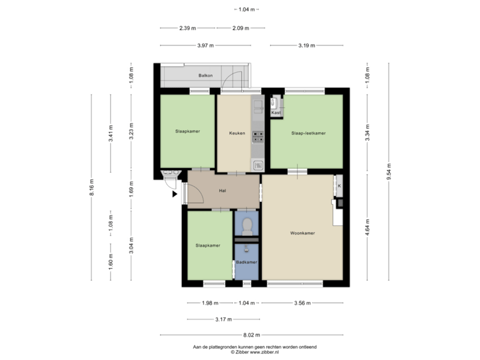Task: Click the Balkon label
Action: [x=205, y=76]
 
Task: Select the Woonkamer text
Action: [x=302, y=233]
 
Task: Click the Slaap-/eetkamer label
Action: [x=308, y=133]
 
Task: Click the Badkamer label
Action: [x=247, y=262]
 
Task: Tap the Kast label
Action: [x=276, y=113]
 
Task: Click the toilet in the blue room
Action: [x=247, y=225]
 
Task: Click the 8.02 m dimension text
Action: [x=252, y=335]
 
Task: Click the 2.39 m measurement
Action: [x=187, y=28]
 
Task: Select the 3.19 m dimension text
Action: [x=307, y=45]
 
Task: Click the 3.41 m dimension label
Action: [x=111, y=133]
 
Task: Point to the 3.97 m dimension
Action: [x=205, y=45]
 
